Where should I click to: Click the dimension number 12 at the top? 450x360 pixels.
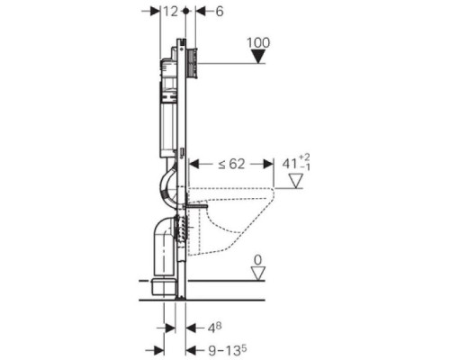(171, 12)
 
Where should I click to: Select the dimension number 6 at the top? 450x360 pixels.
(220, 12)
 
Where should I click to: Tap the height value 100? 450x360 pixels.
(258, 42)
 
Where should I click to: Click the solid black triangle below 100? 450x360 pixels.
(258, 57)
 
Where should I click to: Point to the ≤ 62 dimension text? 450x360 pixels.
(231, 164)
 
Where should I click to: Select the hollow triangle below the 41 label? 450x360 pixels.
(296, 181)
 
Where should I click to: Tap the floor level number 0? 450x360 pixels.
(257, 260)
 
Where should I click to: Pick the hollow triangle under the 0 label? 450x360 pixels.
(258, 274)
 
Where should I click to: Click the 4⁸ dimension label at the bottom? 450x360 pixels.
(215, 328)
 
